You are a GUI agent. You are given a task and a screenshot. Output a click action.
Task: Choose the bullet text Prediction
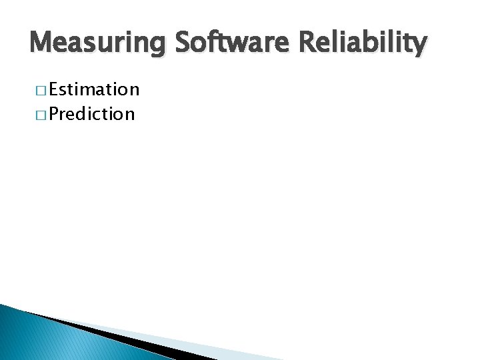pos(91,114)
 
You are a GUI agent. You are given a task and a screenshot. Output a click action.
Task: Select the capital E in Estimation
pos(53,89)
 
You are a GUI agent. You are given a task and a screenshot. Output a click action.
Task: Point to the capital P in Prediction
pos(53,114)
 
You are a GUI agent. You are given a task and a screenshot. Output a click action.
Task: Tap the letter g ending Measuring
pos(159,47)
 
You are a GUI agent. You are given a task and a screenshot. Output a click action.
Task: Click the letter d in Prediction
pos(83,114)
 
